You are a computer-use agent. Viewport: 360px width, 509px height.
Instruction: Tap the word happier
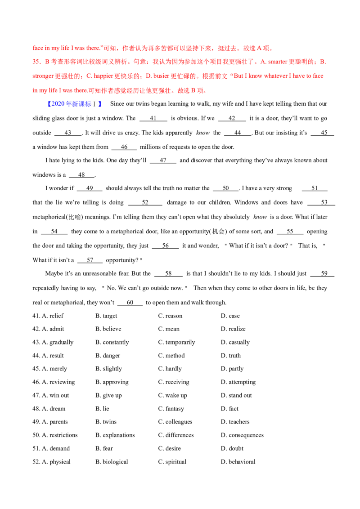click(101, 76)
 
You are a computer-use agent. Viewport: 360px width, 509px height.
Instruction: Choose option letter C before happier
click(89, 76)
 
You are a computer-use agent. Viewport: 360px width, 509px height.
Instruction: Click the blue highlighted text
click(67, 104)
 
